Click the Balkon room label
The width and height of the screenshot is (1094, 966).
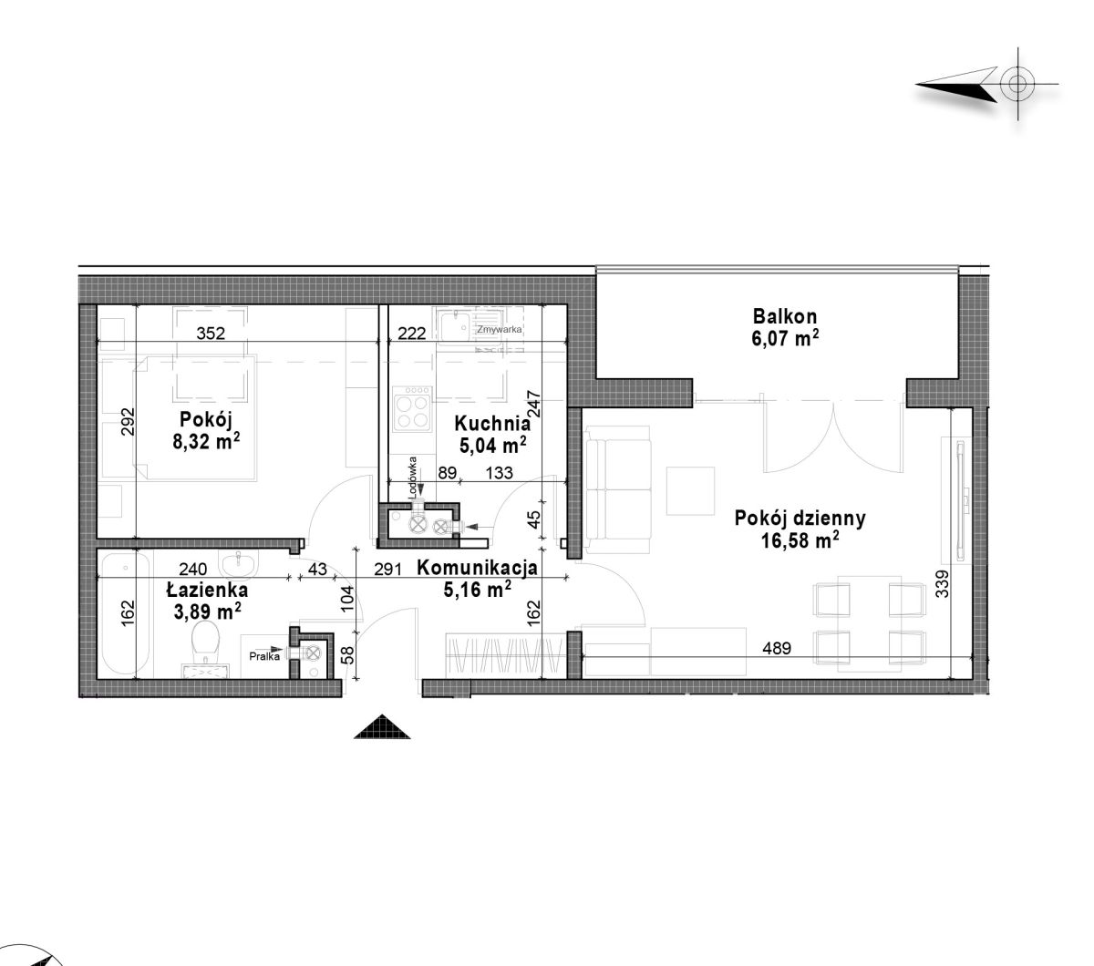[x=785, y=316]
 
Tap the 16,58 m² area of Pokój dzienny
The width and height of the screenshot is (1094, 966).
[x=800, y=540]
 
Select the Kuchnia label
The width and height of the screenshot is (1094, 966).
[x=492, y=424]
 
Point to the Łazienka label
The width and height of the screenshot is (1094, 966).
[x=207, y=590]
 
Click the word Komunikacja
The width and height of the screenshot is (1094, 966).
[x=477, y=568]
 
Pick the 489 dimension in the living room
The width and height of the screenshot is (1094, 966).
[x=777, y=648]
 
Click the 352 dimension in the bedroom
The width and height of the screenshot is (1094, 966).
[x=210, y=334]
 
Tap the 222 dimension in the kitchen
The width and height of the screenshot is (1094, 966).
[x=411, y=334]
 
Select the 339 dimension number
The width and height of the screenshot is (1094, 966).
[x=942, y=584]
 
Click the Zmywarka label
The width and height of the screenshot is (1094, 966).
[x=499, y=329]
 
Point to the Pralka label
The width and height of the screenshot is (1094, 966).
[x=264, y=656]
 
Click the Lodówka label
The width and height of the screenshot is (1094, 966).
[x=413, y=477]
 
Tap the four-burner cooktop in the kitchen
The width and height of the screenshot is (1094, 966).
[x=412, y=409]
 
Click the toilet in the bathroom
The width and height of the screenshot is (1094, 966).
[x=206, y=648]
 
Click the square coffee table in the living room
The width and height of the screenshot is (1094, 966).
[x=690, y=491]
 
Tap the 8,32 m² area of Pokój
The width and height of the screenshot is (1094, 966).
[x=206, y=442]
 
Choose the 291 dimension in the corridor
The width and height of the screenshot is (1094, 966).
[x=387, y=570]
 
